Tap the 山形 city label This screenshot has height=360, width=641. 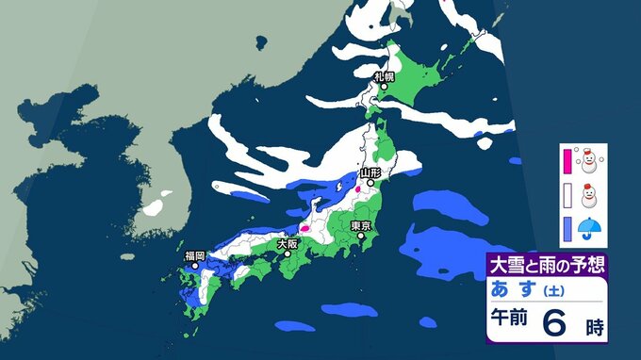click(x=370, y=173)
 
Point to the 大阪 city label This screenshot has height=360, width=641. click(x=289, y=242)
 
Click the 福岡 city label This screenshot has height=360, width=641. click(x=195, y=255)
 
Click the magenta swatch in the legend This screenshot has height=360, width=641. click(x=567, y=160)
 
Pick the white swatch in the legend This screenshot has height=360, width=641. click(x=567, y=196)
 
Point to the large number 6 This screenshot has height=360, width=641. click(x=556, y=323)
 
